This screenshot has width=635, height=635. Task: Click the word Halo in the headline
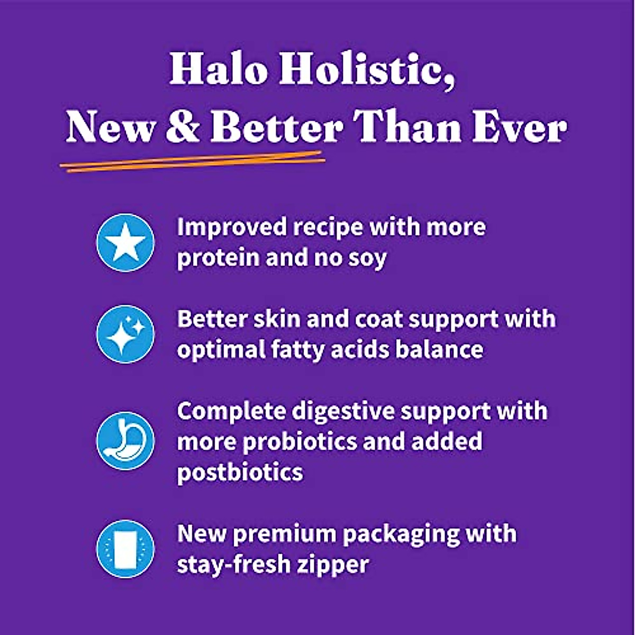[219, 70]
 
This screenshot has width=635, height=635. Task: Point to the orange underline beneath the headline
[192, 161]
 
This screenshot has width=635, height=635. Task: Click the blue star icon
[125, 243]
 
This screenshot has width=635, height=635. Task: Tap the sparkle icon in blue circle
[125, 334]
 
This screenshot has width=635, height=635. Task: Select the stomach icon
[125, 441]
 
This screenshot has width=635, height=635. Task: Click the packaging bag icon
[125, 549]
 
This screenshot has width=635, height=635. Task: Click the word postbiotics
[240, 472]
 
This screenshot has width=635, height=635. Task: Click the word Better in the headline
[276, 128]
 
